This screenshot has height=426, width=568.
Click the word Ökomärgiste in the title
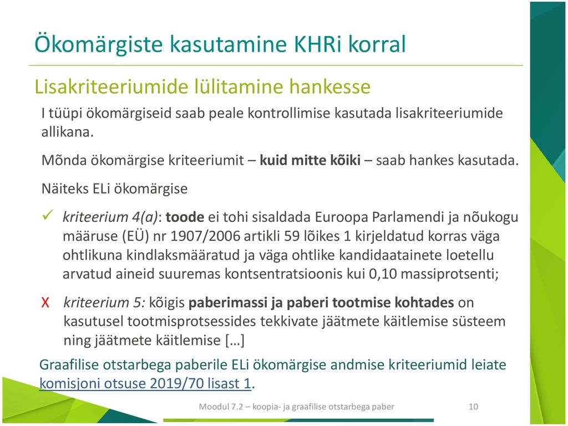click(x=99, y=44)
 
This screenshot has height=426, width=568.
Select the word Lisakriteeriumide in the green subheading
click(x=111, y=87)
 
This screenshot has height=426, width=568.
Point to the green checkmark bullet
click(x=48, y=215)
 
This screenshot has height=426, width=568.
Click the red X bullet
click(x=45, y=302)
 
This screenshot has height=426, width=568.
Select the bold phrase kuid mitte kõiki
click(x=310, y=160)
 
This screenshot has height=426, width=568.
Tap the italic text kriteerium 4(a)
click(x=110, y=217)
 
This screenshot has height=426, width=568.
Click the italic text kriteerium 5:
click(x=104, y=302)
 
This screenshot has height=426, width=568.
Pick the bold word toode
click(x=185, y=217)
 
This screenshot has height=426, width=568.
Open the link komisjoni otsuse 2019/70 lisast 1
click(x=145, y=383)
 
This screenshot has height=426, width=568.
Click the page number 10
click(x=473, y=407)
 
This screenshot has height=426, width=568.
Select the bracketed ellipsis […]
click(x=235, y=340)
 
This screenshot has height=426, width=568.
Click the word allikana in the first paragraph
click(x=67, y=132)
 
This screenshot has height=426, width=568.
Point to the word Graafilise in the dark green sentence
click(x=69, y=364)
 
